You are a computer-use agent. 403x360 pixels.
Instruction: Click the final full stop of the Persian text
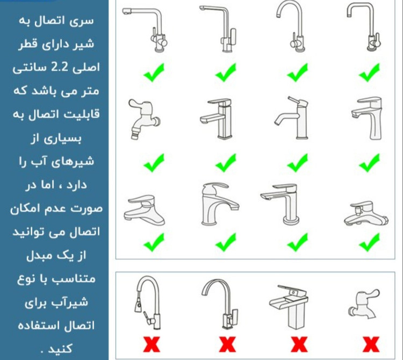click(x=42, y=351)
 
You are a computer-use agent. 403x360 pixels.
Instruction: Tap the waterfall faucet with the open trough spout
click(x=289, y=307)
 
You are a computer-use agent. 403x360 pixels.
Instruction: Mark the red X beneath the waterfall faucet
click(x=299, y=344)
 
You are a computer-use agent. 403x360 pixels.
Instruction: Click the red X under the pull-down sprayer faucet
click(x=152, y=344)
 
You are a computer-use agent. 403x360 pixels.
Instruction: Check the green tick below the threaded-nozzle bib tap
click(x=154, y=163)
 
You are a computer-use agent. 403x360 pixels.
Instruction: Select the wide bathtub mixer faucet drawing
click(x=366, y=214)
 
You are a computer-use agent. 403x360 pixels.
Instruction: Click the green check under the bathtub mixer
click(x=369, y=242)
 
